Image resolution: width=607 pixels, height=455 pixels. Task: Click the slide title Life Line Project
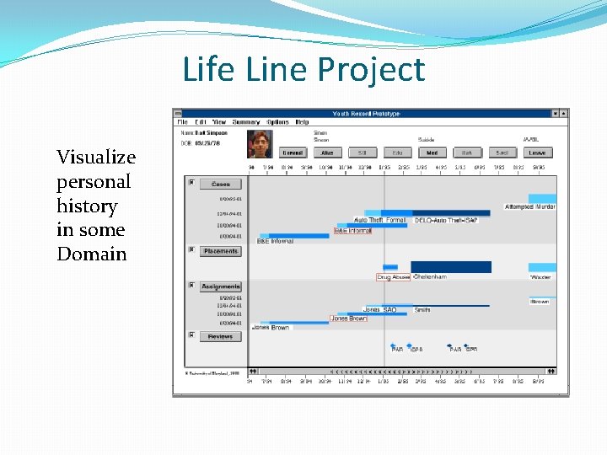(303, 69)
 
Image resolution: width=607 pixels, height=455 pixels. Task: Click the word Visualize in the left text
(95, 158)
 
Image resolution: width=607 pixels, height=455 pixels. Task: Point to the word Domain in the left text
(91, 254)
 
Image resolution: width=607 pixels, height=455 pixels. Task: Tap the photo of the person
(260, 144)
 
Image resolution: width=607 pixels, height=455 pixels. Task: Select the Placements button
(220, 251)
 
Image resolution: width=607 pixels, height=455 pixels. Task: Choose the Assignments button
(220, 286)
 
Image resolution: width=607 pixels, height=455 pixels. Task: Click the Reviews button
(220, 336)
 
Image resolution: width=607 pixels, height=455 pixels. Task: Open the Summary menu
(246, 122)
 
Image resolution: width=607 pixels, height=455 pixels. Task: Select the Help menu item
(302, 122)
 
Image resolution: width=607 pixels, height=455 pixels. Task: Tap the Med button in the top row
(432, 153)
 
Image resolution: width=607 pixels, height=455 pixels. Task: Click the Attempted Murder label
(530, 206)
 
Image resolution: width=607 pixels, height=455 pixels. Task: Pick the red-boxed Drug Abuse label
(393, 277)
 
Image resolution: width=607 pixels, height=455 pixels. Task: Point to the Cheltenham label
(430, 276)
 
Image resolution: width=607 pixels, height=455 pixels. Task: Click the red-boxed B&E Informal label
(352, 230)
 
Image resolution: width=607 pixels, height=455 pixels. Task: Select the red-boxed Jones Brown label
(348, 318)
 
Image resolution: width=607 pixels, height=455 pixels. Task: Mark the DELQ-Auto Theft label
(446, 220)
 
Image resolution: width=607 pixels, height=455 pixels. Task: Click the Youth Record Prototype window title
(366, 114)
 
